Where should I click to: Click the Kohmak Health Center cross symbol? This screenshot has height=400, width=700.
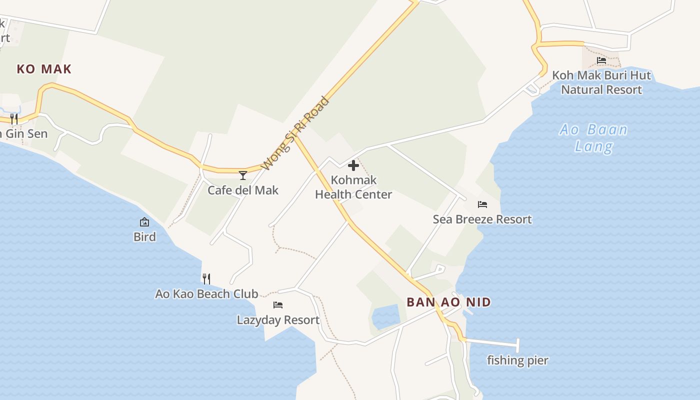point(353,165)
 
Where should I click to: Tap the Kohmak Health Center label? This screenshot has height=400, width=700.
point(353,187)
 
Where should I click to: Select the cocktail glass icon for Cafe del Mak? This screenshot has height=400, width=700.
point(243,175)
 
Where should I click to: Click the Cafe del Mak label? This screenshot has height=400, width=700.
point(243,190)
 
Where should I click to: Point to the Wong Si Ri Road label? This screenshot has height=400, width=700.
point(295,133)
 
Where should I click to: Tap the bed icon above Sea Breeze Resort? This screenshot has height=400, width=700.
point(482,204)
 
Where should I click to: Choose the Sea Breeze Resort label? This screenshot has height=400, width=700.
point(482,219)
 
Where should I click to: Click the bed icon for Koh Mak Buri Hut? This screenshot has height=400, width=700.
point(601,60)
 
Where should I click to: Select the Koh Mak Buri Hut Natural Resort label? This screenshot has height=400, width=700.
point(601,83)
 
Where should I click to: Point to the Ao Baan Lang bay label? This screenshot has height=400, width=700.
point(593,138)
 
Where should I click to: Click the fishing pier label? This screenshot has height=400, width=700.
point(517,360)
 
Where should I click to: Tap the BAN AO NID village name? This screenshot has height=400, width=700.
point(448,302)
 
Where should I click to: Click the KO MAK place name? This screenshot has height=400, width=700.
point(44,69)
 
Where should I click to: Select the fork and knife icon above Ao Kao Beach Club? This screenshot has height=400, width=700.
point(206,278)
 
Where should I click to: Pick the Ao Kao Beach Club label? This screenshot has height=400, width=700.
point(206,294)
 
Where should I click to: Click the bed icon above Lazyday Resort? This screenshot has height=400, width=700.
point(278,305)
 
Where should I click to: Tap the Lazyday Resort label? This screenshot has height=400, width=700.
point(278,320)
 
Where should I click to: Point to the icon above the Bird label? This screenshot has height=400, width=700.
point(144,222)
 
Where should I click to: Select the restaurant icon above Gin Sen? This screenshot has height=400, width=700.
point(14,118)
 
